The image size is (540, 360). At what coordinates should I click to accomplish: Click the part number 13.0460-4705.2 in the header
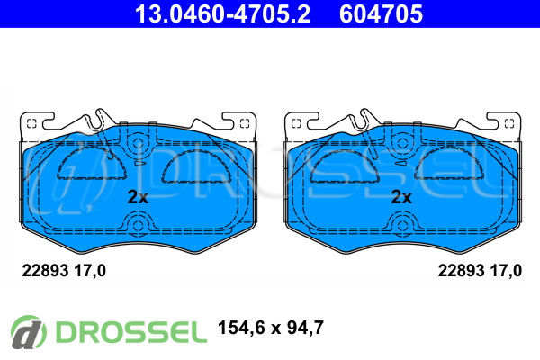[222, 14]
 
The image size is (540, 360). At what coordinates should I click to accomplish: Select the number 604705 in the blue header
[381, 14]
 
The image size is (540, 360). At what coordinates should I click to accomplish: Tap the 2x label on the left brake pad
[138, 197]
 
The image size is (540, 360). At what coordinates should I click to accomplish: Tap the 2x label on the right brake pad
[401, 197]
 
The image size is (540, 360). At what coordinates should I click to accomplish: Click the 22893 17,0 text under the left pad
[64, 271]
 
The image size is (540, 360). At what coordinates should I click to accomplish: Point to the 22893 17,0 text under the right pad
[480, 271]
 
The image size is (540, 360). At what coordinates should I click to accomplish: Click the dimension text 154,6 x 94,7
[271, 328]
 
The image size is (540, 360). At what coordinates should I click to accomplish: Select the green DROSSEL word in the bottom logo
[131, 332]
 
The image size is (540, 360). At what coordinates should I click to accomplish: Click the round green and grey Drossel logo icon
[28, 332]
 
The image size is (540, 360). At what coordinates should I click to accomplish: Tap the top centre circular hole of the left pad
[138, 143]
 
